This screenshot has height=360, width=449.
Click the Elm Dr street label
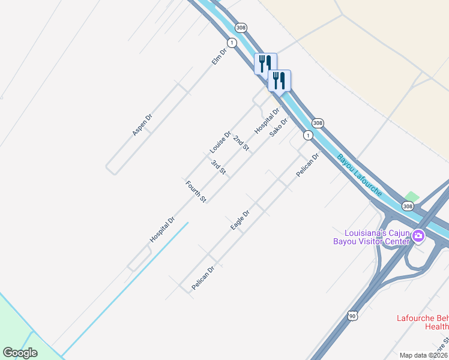click(218, 56)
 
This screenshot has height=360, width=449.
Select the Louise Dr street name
click(220, 142)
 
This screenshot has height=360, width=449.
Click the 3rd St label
click(218, 167)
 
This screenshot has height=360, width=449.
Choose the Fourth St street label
click(196, 191)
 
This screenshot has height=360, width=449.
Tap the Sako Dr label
click(279, 127)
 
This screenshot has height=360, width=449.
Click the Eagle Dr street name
click(240, 220)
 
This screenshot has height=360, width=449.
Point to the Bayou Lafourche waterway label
click(359, 176)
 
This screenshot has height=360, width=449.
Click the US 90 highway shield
click(352, 314)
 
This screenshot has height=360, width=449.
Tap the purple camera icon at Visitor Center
click(417, 237)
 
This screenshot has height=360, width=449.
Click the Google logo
click(20, 353)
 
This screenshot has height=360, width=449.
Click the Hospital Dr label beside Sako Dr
click(267, 121)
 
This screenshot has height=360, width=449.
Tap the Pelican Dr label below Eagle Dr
click(203, 278)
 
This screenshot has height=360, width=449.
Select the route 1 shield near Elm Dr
click(232, 42)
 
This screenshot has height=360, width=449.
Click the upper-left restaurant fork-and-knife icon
click(265, 63)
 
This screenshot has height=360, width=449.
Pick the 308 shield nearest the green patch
click(408, 206)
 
